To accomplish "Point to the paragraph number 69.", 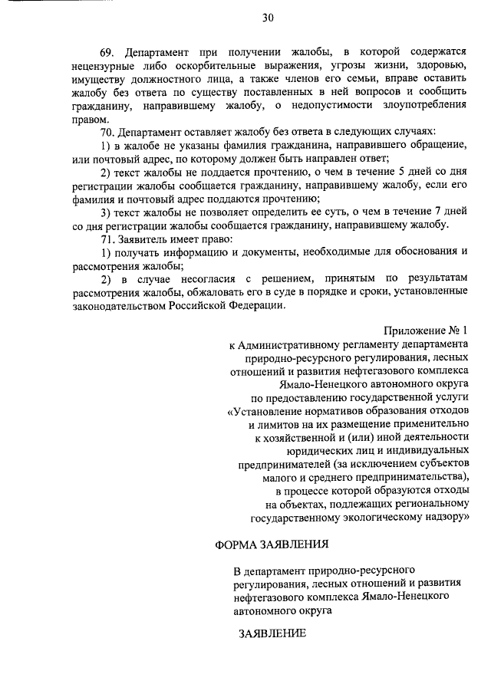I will point(107,51).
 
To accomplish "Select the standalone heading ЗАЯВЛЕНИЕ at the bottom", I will point(272,634).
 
